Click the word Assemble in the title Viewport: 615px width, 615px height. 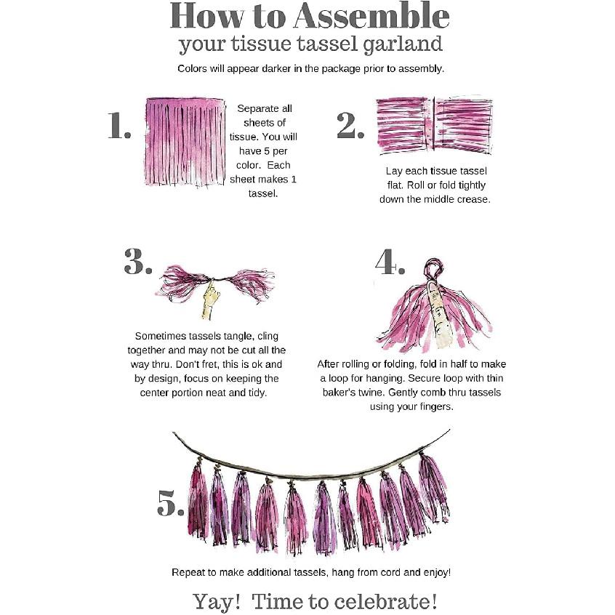point(371,16)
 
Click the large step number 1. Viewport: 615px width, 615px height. point(119,126)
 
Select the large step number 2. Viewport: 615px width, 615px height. point(350,126)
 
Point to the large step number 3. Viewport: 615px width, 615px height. point(137,261)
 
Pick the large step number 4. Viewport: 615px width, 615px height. point(390,261)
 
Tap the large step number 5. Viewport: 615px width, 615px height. point(171,503)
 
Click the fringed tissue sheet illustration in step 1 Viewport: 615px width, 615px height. point(185,142)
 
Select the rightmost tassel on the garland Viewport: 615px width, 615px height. point(433,489)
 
